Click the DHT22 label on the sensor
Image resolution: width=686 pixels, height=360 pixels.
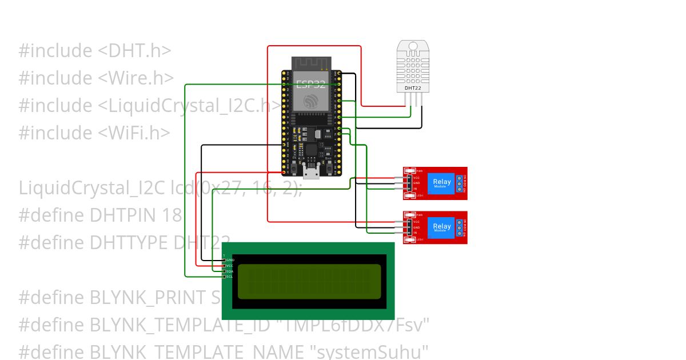tap(413, 88)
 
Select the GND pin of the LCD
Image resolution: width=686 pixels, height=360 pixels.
tap(225, 260)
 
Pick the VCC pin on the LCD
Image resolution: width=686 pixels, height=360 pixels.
tap(225, 266)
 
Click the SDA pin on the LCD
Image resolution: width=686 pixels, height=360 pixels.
tap(225, 271)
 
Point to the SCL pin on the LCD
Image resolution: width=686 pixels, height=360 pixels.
tap(225, 277)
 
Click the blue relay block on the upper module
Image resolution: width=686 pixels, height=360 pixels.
tap(441, 183)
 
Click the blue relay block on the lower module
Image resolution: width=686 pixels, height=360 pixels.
tap(441, 227)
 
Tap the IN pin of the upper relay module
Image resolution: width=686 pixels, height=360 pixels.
tap(408, 189)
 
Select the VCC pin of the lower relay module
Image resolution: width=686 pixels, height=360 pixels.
tap(408, 221)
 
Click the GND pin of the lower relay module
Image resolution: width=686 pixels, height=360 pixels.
tap(408, 227)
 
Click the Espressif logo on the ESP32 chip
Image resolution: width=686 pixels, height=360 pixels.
tap(311, 102)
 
